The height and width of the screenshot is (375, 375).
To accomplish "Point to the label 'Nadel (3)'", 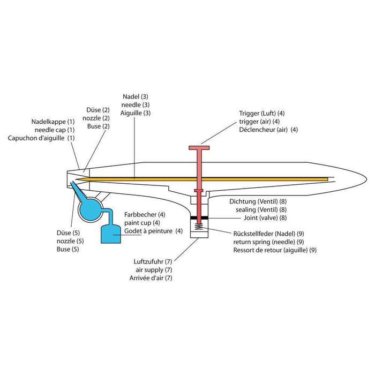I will point(136,97).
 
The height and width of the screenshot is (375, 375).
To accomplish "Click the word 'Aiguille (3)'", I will point(136,113).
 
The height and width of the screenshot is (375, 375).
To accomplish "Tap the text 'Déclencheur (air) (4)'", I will point(268,130).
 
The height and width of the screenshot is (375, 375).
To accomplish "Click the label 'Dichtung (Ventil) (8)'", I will point(258,201).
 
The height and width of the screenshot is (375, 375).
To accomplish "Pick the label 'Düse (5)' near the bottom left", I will point(67,233).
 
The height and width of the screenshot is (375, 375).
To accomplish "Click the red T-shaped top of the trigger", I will point(198,148).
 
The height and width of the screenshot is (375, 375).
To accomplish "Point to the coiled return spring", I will point(198,228).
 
